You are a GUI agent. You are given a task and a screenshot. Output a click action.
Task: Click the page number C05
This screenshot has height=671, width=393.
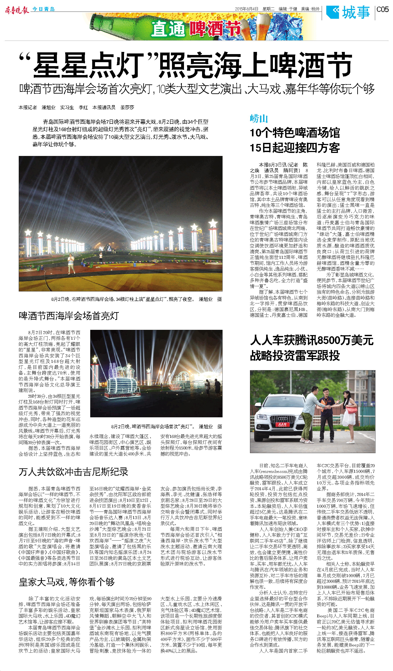[x=382, y=10]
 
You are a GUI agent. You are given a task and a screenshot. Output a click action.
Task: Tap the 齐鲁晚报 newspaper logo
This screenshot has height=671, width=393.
[x=17, y=10]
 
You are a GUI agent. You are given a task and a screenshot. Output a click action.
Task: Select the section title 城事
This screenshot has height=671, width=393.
[x=356, y=12]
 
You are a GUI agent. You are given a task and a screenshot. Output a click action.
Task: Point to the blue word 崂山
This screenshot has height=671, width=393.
[x=259, y=118]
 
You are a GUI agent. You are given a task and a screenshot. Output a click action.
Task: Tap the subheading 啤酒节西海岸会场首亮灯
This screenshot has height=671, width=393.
[x=69, y=316]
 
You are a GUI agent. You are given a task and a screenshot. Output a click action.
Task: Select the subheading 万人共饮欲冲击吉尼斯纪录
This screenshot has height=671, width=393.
[x=73, y=472]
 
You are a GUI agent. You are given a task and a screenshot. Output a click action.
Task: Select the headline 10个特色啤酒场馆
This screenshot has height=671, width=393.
[x=295, y=133]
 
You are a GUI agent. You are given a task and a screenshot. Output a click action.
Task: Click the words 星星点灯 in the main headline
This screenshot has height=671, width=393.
[x=88, y=65]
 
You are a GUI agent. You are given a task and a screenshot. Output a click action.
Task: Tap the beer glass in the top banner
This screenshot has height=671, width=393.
[x=263, y=27]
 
